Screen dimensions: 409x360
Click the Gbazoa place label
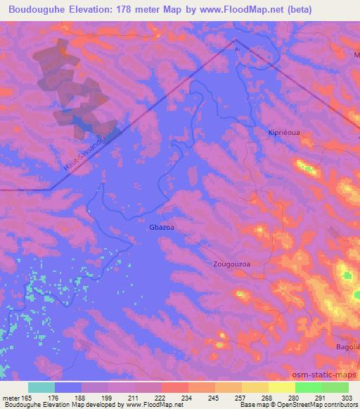pos(161,228)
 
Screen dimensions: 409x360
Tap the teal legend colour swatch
pos(41,387)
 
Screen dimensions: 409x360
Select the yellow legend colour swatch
pos(282,387)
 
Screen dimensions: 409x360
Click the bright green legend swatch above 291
pos(309,387)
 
